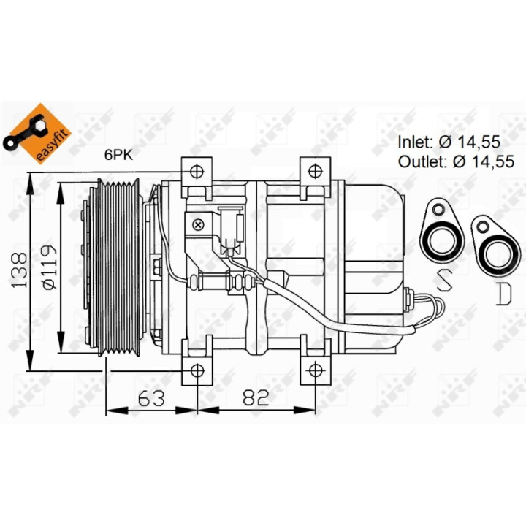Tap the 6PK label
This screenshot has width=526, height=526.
coord(118,155)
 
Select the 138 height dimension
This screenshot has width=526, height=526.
coord(19,270)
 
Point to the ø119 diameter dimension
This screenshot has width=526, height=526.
coord(49,267)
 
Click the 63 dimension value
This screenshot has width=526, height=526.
coord(151,398)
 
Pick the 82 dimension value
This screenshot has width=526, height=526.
coord(256,397)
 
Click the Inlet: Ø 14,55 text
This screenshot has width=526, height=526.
coord(449,142)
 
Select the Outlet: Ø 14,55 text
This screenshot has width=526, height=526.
coord(456,161)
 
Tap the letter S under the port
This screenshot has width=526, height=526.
coord(443,281)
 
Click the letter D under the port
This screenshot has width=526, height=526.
coord(504,294)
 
